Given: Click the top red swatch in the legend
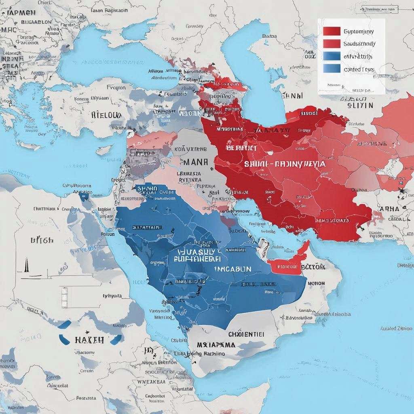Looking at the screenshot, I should [x=332, y=31].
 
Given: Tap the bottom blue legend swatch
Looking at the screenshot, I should [x=332, y=69].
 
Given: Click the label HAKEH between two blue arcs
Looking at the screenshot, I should [x=89, y=340].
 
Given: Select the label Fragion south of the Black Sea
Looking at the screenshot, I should [x=116, y=87].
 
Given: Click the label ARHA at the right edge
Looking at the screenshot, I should [x=390, y=209].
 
